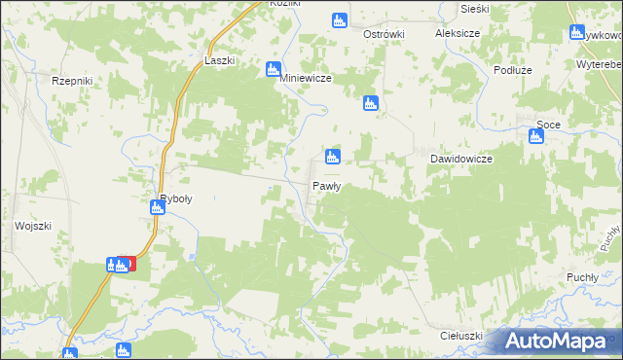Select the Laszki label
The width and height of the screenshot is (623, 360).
tap(219, 60)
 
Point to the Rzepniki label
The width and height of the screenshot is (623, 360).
tap(71, 82)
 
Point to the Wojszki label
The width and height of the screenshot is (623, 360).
tap(32, 225)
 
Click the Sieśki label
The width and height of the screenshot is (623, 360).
tap(473, 7)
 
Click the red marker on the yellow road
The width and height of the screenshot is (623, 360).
tap(127, 263)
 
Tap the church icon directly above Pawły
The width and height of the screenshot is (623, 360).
tap(333, 157)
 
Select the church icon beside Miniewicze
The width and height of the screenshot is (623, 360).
tap(274, 70)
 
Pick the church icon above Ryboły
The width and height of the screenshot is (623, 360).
tap(158, 206)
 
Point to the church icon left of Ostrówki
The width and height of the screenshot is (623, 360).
tap(339, 20)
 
